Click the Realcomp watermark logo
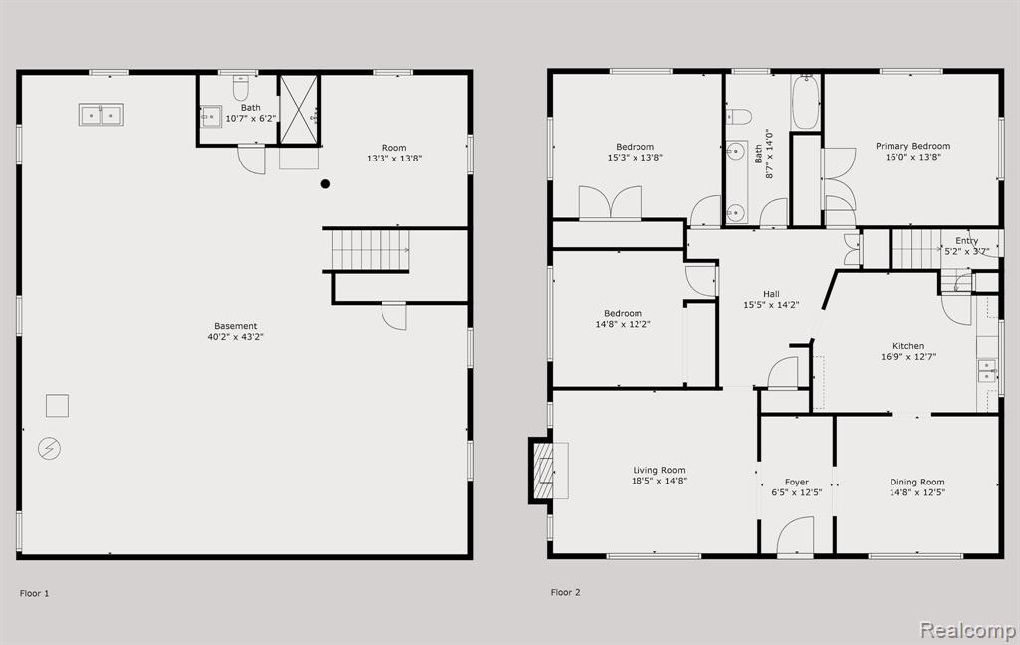[968, 630]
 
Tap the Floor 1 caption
[35, 593]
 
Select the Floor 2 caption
[566, 592]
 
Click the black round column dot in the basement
[325, 184]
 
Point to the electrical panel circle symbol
[50, 449]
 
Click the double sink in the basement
[101, 115]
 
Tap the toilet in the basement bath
[241, 87]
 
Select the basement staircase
[371, 250]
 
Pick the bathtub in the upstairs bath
[805, 103]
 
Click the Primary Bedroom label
[912, 146]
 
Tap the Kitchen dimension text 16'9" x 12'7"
[908, 357]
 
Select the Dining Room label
[917, 482]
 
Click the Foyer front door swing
[796, 537]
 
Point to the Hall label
[772, 294]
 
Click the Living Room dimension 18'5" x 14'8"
[659, 481]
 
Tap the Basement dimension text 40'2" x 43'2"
[235, 337]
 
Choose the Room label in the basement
[394, 148]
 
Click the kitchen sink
[987, 370]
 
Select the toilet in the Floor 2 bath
[739, 117]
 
